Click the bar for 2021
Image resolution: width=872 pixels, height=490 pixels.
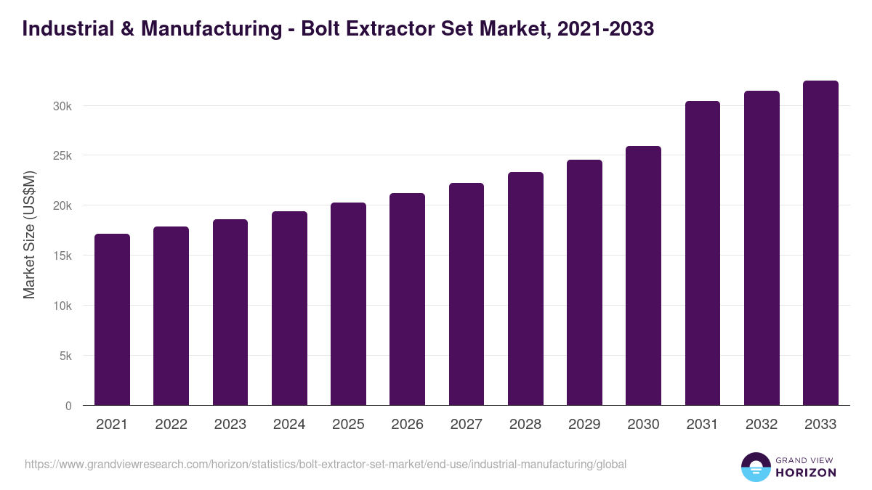(x=112, y=319)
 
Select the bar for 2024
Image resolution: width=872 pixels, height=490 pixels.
(x=289, y=309)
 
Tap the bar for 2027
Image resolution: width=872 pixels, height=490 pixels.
(x=467, y=294)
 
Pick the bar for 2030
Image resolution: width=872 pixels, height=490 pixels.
(x=643, y=276)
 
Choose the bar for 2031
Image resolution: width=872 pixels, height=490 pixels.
(x=703, y=253)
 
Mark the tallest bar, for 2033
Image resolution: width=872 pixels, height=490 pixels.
(x=820, y=243)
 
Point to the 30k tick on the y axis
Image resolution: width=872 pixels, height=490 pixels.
(x=62, y=106)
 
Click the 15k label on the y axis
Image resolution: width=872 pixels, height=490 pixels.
(x=62, y=256)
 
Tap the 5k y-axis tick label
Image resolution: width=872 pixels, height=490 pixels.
(x=65, y=356)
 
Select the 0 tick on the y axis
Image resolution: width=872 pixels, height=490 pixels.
(x=68, y=407)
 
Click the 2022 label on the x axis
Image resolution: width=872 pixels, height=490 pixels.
(x=171, y=425)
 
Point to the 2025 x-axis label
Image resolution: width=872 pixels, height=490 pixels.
(x=348, y=425)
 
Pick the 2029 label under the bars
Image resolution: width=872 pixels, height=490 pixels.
(x=584, y=425)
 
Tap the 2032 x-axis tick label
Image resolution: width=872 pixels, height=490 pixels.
(x=762, y=425)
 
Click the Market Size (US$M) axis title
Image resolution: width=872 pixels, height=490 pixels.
(x=29, y=234)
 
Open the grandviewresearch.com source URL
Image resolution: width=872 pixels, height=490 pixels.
(x=326, y=464)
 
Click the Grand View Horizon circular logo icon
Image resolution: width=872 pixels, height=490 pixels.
(x=755, y=467)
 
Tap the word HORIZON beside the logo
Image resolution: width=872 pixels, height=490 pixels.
(x=806, y=473)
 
